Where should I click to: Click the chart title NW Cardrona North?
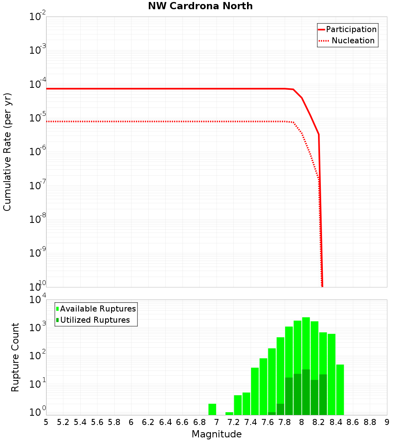(x=200, y=6)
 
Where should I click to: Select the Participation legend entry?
(x=351, y=30)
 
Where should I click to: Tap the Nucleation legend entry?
(x=353, y=41)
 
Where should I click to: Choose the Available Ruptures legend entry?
(x=98, y=309)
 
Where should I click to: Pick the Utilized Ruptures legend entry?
(x=95, y=320)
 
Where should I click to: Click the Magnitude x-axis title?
(x=217, y=434)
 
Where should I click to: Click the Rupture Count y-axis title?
(x=15, y=357)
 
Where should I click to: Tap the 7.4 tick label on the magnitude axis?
(x=251, y=422)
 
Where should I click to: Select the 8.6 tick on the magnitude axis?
(x=353, y=422)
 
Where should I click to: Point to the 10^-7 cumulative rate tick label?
(x=38, y=186)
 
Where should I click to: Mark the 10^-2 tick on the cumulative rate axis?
(x=38, y=17)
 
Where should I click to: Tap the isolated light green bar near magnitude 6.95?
(x=212, y=409)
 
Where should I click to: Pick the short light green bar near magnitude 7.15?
(x=229, y=413)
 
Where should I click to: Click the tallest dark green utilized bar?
(x=306, y=392)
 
